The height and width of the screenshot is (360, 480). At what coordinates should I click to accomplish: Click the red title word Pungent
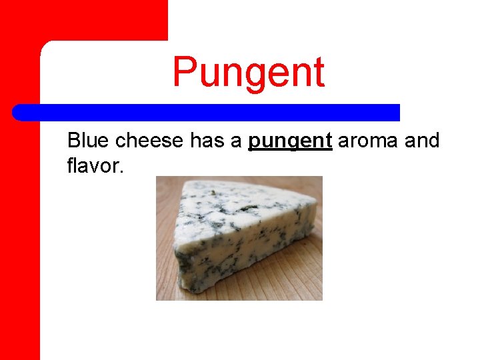(249, 73)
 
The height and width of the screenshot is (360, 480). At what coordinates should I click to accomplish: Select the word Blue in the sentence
(89, 141)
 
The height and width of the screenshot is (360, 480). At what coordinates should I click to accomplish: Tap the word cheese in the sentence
(151, 141)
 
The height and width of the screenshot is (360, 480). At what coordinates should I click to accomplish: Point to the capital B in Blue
(74, 141)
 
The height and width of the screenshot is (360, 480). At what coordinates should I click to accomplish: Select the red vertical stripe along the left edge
(20, 233)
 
